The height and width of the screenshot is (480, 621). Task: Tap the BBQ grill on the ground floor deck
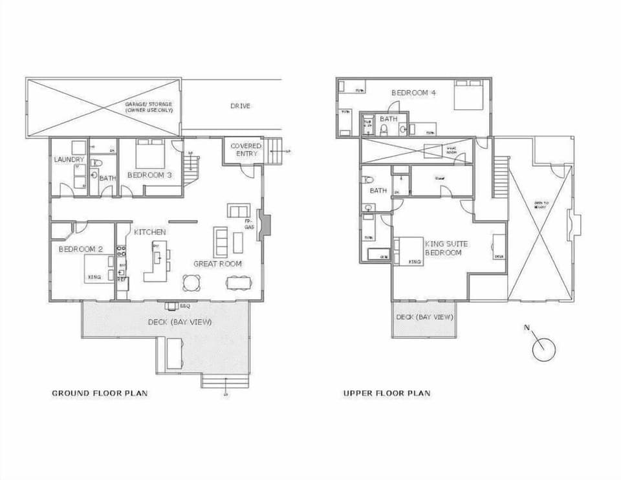172,305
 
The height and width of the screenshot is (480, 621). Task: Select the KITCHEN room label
150,232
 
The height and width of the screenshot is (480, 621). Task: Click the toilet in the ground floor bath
95,164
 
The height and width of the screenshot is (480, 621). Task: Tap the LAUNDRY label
69,159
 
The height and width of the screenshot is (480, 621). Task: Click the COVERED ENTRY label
246,150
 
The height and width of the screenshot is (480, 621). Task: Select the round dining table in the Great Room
191,283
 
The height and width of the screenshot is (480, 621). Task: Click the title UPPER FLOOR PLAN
386,393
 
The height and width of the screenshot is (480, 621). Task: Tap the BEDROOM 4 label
413,93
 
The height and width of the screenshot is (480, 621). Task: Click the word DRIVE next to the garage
240,106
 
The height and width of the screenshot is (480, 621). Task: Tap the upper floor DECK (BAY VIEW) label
424,317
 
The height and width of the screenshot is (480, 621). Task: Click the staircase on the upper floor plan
499,176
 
